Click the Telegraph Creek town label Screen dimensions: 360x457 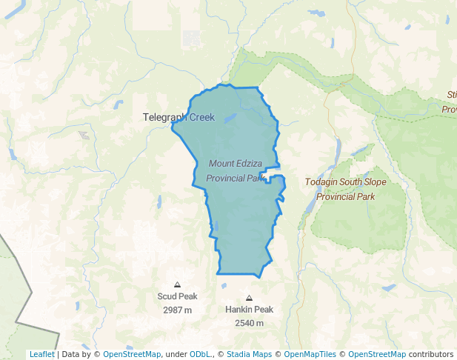point(179,117)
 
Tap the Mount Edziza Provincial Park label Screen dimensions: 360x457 point(236,170)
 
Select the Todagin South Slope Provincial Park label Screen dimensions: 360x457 point(345,189)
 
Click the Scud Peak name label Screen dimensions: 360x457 point(177,296)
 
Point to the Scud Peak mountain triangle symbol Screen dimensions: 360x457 point(177,284)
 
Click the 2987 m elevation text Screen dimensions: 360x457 point(177,310)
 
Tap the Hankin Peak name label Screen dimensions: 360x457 point(249,310)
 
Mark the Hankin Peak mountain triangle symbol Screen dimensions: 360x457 point(249,298)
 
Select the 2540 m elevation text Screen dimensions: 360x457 point(249,323)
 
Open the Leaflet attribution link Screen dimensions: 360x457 point(41,354)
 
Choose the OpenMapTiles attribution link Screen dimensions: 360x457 point(310,354)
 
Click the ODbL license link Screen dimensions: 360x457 point(200,354)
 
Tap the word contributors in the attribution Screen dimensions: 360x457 point(431,354)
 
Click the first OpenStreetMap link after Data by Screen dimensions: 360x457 point(131,354)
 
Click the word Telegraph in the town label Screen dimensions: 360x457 point(165,117)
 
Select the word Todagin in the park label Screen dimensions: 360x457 point(321,181)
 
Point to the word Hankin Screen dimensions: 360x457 point(238,310)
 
